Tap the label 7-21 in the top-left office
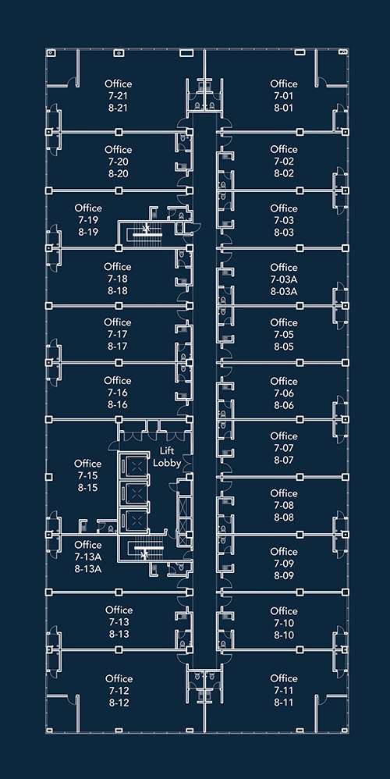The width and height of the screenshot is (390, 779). coord(118,96)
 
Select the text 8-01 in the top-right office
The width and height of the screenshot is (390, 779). coord(284,108)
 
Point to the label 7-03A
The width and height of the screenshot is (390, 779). coord(284,279)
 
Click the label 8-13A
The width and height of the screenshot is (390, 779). coord(88,569)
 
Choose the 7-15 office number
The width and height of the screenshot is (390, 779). coord(88,475)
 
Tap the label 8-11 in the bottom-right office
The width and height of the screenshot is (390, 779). coord(284,703)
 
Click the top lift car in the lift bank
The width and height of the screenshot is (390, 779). coord(133,467)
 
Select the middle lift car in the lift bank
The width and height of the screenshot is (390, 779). coord(133,493)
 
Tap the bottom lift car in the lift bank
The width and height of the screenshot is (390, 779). coord(133,520)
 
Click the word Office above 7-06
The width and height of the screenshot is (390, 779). coord(284,381)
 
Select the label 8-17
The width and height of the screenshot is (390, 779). coord(118,347)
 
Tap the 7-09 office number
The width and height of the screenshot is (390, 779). coord(284,564)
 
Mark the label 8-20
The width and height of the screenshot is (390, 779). coord(118,174)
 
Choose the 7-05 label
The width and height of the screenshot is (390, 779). coord(284,335)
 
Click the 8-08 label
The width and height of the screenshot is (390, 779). coord(284,518)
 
